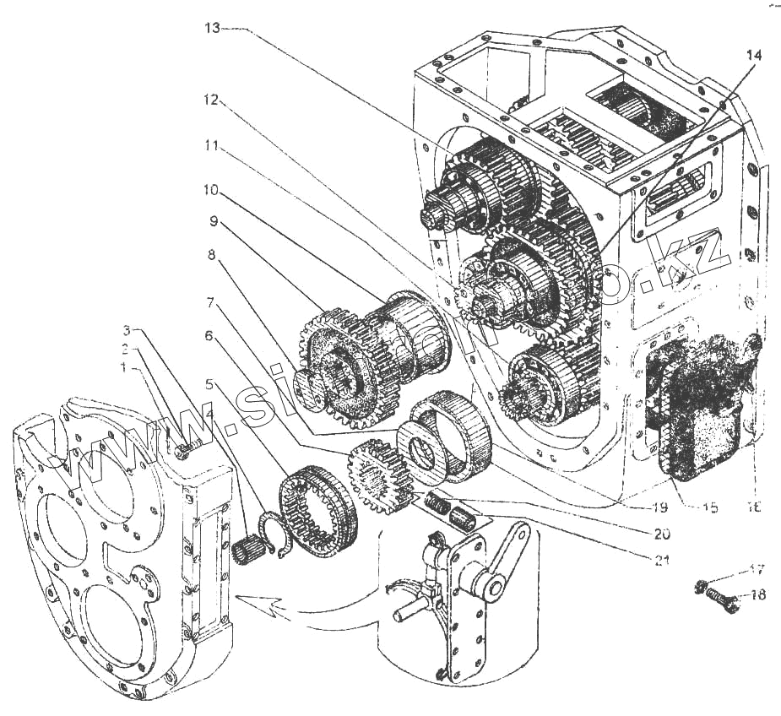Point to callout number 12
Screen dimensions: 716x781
[x=211, y=100]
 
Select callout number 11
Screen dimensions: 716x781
[x=211, y=146]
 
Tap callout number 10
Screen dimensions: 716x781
[x=211, y=189]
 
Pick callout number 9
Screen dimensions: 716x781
[x=211, y=222]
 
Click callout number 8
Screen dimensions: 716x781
[x=211, y=252]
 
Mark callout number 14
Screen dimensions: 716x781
[x=753, y=55]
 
